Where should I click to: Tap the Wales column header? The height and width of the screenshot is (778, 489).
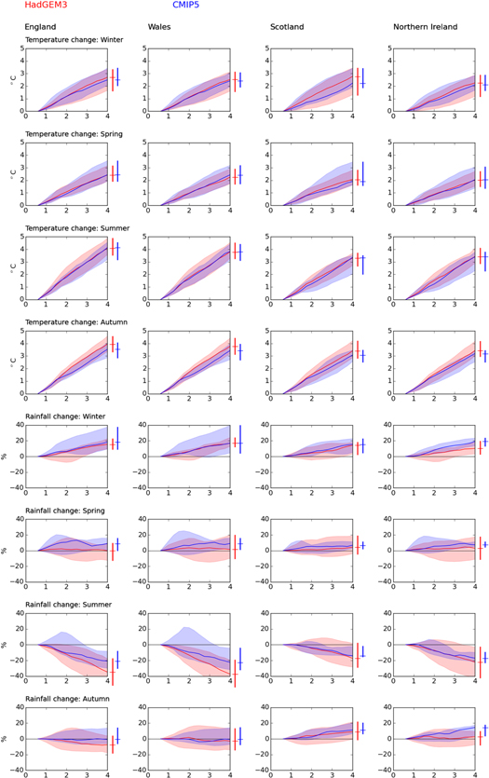pos(159,28)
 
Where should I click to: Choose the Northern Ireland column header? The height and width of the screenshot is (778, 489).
pos(425,28)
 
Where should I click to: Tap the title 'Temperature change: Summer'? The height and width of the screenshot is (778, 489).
pos(74,227)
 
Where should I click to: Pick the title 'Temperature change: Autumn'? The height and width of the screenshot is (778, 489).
pos(74,321)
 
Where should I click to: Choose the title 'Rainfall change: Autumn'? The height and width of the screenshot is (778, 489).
pos(67,698)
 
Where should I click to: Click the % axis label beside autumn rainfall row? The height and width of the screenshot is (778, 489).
pos(5,738)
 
